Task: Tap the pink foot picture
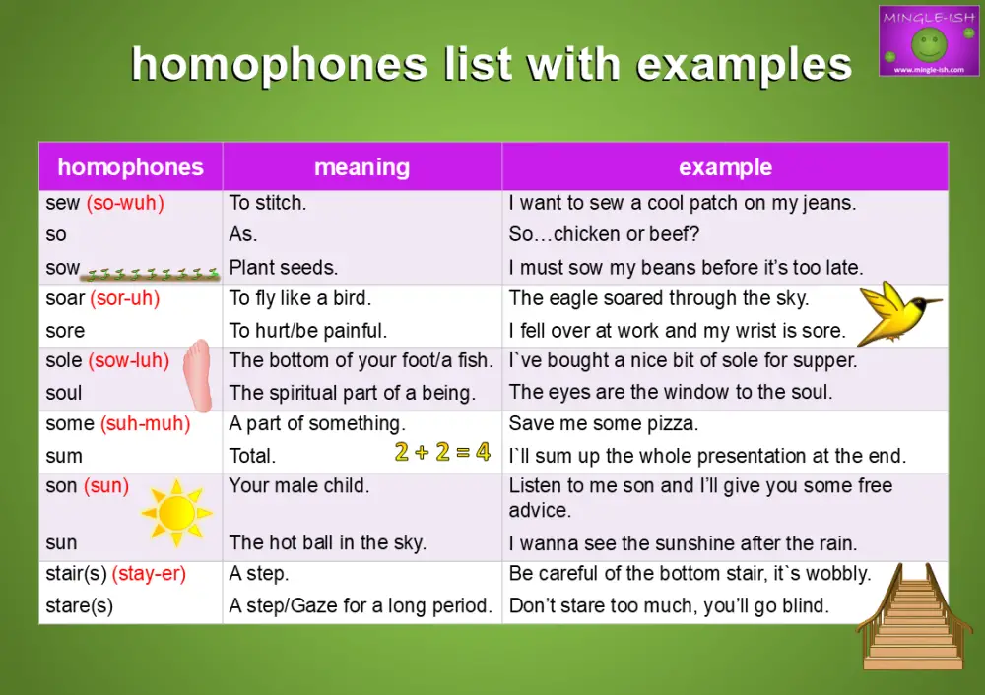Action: click(x=199, y=375)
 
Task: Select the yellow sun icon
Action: click(x=176, y=512)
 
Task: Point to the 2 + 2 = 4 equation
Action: click(x=442, y=453)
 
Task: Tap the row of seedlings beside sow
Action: click(x=151, y=275)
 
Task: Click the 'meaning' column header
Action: click(x=361, y=167)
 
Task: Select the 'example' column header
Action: click(x=725, y=167)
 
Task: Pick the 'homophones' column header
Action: click(x=130, y=167)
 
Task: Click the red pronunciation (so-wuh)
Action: click(x=125, y=203)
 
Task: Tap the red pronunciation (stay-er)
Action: click(x=149, y=574)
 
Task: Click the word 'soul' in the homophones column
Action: click(x=64, y=393)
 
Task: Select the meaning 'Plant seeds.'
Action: click(x=284, y=267)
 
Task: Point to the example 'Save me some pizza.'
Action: click(x=603, y=424)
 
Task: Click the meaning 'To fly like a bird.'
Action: click(x=300, y=298)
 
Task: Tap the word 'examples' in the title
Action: click(x=744, y=65)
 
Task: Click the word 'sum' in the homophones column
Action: click(x=64, y=456)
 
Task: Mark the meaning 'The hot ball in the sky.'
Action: click(x=328, y=542)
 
